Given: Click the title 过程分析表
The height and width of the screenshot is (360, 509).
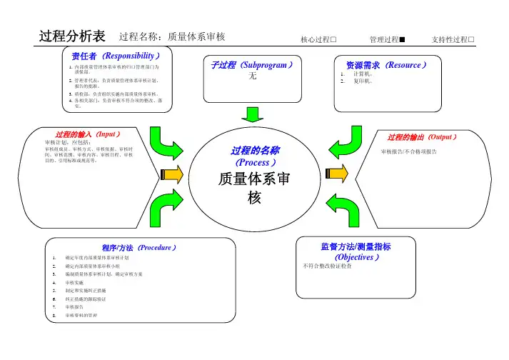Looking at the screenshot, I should click(73, 36).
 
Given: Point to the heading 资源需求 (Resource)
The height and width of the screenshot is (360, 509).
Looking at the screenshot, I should click(385, 65).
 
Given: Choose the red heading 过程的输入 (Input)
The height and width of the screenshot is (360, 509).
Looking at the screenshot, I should click(87, 134).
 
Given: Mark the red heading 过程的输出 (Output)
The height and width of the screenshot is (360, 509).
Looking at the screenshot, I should click(422, 136).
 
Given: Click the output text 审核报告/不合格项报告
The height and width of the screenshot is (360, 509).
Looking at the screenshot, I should click(410, 152).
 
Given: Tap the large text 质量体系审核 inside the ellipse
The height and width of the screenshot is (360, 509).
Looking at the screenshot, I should click(254, 187).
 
